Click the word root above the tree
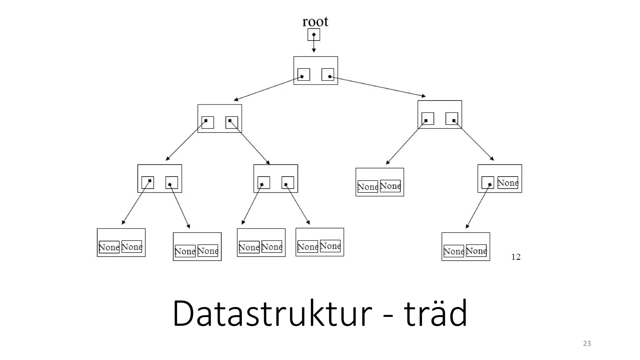click(x=315, y=22)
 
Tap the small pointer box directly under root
click(x=314, y=35)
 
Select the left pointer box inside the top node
click(x=304, y=74)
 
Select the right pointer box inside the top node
click(x=328, y=74)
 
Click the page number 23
click(x=587, y=343)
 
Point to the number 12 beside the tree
click(x=516, y=257)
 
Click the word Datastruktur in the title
click(x=272, y=313)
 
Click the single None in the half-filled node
click(x=507, y=183)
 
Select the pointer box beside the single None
click(x=487, y=182)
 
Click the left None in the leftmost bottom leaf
click(x=109, y=247)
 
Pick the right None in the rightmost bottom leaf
click(x=476, y=251)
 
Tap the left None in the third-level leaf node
click(x=367, y=187)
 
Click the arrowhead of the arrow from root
click(x=314, y=50)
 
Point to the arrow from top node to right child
click(x=378, y=87)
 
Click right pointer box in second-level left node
click(x=232, y=122)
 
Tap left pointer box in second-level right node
click(x=428, y=119)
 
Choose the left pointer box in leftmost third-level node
click(x=148, y=182)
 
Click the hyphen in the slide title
click(x=388, y=316)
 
